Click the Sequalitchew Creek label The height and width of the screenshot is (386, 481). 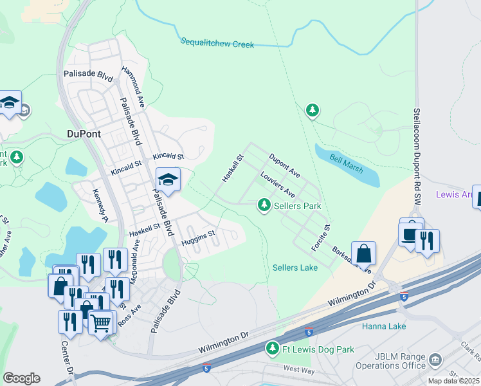[x=217, y=43]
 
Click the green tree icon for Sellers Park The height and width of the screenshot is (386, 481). [x=264, y=205]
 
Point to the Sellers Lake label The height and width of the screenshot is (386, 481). [x=295, y=267]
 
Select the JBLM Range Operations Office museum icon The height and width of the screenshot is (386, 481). [x=435, y=359]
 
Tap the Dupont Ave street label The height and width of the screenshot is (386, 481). [x=284, y=165]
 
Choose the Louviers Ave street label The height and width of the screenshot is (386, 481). [x=277, y=185]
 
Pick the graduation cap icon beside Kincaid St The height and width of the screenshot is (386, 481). [x=168, y=179]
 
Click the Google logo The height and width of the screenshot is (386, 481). [x=21, y=378]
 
